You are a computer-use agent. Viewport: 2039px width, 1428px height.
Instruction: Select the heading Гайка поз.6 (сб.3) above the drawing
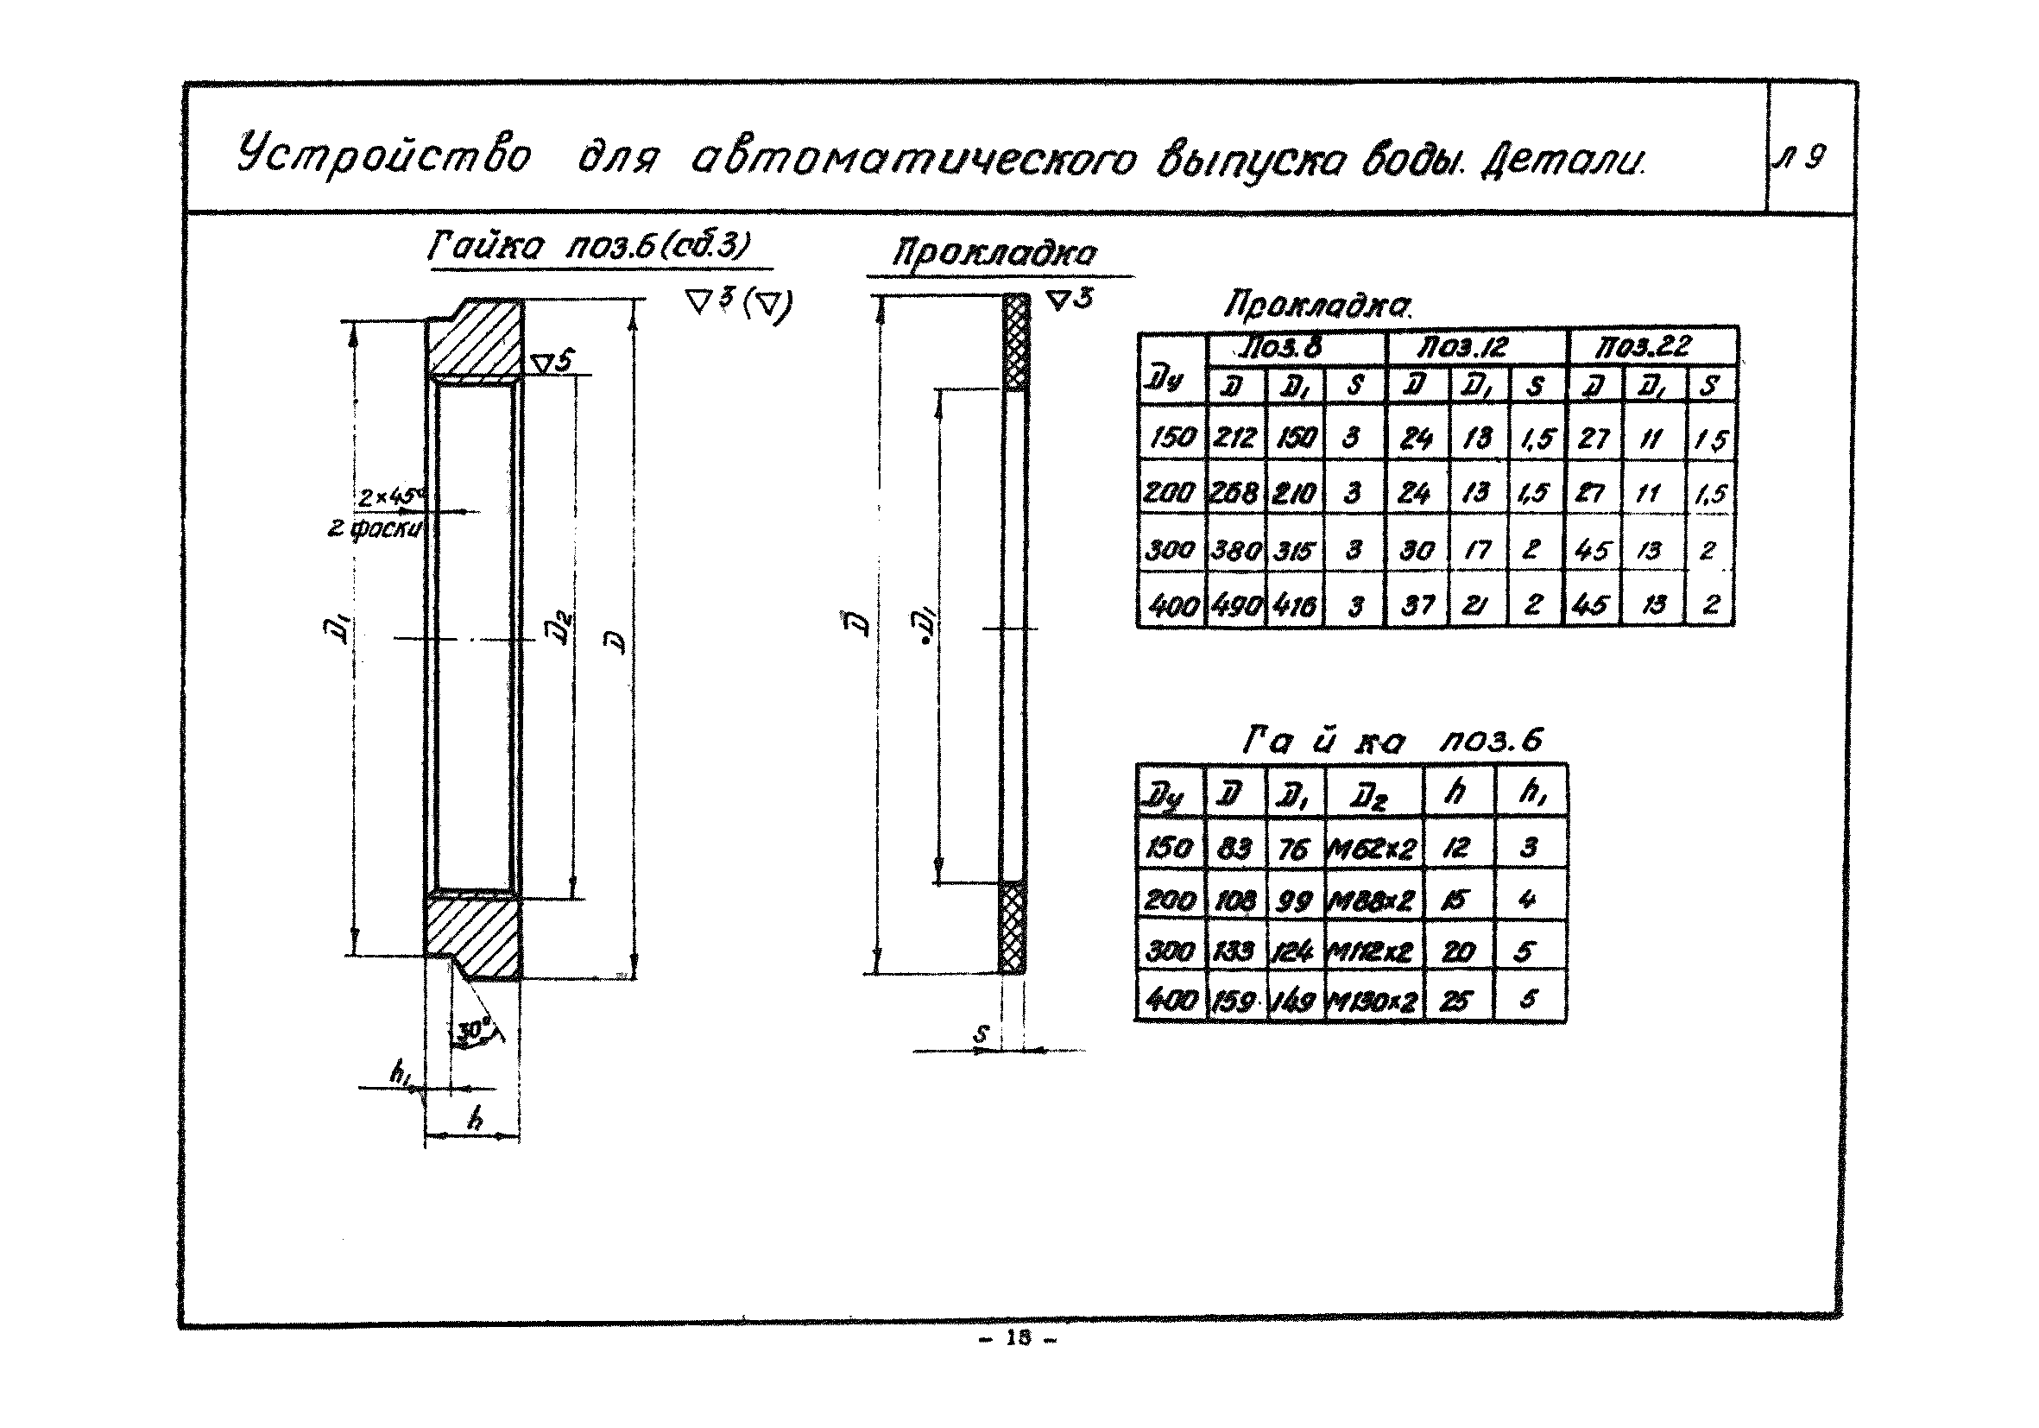click(x=590, y=246)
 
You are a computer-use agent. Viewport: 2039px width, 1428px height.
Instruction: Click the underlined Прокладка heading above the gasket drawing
click(x=994, y=254)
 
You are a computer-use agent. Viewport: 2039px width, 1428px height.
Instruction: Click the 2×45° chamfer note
click(x=392, y=497)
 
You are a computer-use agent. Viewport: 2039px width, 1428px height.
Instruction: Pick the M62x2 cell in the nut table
click(x=1372, y=849)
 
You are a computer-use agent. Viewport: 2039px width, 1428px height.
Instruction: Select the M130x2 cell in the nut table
click(x=1372, y=1001)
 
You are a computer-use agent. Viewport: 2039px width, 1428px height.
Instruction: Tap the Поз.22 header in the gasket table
click(x=1643, y=345)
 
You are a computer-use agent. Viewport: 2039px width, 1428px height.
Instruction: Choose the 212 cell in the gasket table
click(x=1234, y=437)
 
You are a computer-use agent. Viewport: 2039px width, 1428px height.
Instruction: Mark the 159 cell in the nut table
click(x=1234, y=1001)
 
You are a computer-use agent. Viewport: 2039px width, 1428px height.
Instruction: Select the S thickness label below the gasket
click(x=982, y=1033)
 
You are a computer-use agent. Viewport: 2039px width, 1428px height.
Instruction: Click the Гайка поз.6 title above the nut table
click(x=1392, y=740)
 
